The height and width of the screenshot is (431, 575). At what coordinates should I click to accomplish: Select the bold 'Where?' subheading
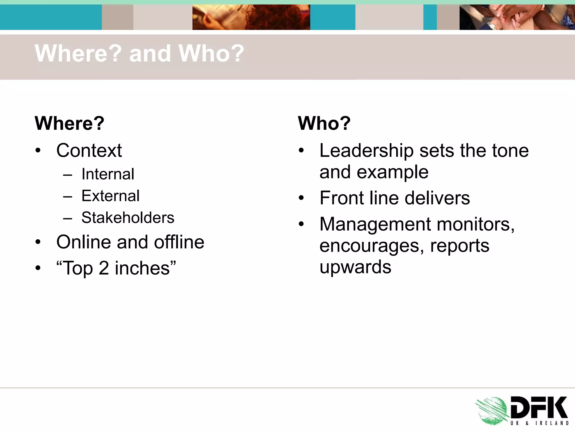(69, 123)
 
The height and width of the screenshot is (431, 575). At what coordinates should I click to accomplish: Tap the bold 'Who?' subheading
(324, 123)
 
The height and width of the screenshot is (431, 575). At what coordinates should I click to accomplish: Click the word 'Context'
(89, 150)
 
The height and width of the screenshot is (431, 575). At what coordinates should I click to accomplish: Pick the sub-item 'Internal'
(108, 174)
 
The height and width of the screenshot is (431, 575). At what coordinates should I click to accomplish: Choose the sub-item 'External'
(110, 196)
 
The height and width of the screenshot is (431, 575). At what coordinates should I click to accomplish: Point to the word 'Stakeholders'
(128, 217)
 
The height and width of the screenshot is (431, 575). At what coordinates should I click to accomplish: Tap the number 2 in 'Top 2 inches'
(104, 268)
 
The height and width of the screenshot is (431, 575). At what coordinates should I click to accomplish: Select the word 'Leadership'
(366, 150)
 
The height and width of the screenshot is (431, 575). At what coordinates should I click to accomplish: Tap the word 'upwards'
(355, 267)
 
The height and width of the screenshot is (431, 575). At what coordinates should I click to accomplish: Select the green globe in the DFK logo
(492, 411)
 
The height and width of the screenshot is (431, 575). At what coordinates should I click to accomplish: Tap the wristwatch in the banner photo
(492, 26)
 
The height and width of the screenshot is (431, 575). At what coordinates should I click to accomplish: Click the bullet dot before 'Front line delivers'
(301, 198)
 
